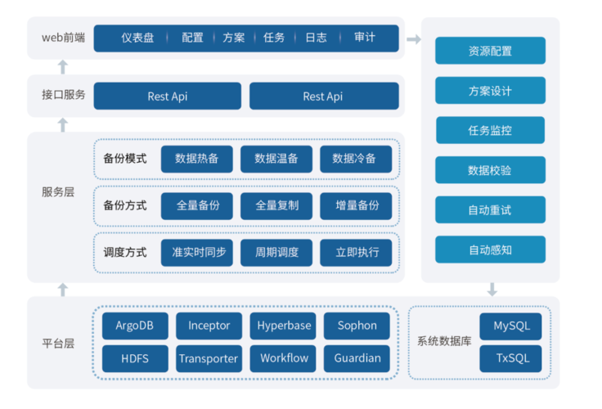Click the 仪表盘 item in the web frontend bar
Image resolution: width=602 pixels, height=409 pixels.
click(137, 38)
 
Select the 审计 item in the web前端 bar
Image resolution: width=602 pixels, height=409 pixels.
click(365, 38)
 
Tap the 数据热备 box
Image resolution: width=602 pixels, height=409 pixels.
click(196, 159)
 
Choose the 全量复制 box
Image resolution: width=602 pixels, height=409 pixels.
click(276, 205)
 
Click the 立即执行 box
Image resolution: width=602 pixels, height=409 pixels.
click(357, 252)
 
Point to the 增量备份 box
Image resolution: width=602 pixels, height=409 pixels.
click(357, 205)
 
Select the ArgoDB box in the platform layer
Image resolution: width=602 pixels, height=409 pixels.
click(135, 326)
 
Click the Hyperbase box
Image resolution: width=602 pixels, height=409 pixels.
click(284, 326)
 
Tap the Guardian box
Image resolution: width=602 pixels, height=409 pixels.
click(357, 358)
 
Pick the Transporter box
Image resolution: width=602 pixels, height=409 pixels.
click(209, 358)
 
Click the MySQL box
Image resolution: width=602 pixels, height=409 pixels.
click(511, 326)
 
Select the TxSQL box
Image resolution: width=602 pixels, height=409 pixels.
click(511, 358)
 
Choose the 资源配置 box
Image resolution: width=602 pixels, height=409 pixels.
click(490, 51)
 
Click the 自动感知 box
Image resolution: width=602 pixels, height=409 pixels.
click(490, 249)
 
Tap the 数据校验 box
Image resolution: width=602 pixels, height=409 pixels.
click(490, 170)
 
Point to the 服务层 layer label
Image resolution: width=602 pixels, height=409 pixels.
click(58, 192)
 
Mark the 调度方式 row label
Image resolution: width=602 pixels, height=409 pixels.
click(125, 252)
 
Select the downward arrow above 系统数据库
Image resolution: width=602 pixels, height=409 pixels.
click(492, 290)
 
